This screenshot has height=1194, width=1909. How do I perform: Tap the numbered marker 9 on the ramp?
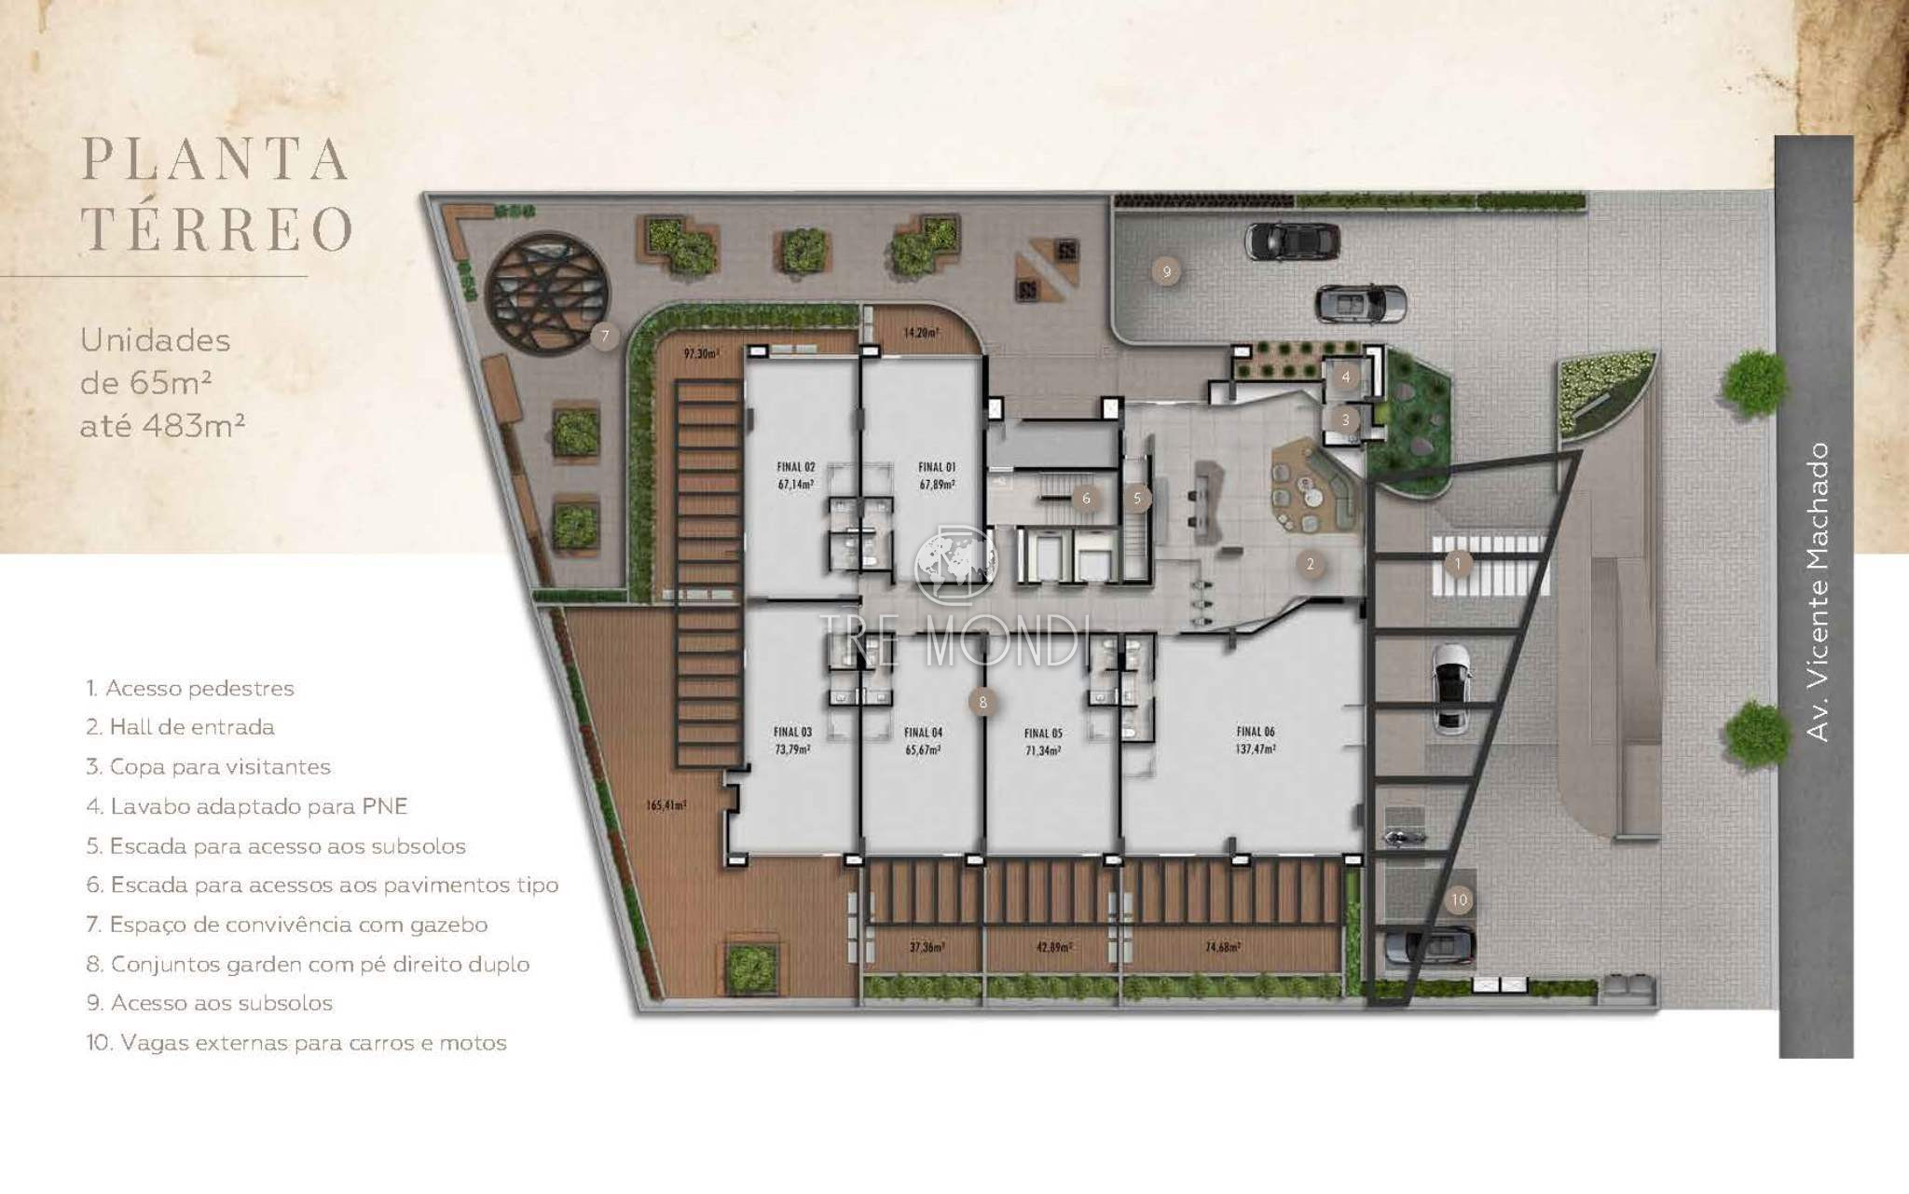[1165, 272]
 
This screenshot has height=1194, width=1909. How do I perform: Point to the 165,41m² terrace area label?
[666, 804]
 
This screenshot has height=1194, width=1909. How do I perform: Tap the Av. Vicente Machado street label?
[1817, 592]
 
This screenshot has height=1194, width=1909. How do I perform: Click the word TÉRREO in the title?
[217, 228]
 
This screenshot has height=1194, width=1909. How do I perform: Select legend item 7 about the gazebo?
[287, 925]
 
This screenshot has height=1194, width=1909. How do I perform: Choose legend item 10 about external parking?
[296, 1043]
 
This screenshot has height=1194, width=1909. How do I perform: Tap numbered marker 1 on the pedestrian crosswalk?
[1458, 563]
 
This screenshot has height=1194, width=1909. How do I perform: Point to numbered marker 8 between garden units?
[982, 702]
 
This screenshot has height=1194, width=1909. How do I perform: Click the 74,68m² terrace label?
[1222, 947]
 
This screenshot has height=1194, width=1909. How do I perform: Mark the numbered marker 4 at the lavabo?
[1345, 377]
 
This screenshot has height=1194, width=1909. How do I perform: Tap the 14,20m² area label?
[921, 332]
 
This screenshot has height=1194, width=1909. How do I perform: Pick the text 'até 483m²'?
[162, 426]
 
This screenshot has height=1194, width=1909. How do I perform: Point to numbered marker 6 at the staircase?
[1086, 499]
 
